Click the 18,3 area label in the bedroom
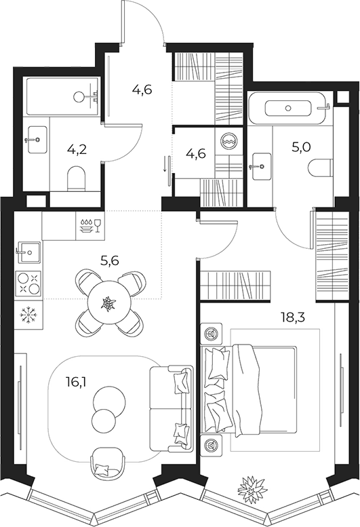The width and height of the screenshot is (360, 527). click(293, 317)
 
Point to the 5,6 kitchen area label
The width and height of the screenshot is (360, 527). click(110, 260)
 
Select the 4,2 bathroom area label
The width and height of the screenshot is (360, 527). click(77, 149)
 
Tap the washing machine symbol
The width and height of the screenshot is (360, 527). click(230, 140)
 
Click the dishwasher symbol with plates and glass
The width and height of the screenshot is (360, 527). click(90, 226)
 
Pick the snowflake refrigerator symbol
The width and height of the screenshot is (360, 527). click(28, 315)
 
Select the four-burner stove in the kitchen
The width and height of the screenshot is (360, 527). click(28, 284)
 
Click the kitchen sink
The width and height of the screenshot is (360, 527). click(28, 252)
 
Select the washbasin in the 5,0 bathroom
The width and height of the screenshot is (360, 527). click(261, 166)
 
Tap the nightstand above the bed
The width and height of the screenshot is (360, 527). click(212, 334)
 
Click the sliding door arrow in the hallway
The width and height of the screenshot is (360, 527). click(165, 163)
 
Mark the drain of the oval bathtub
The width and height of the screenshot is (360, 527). click(288, 108)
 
